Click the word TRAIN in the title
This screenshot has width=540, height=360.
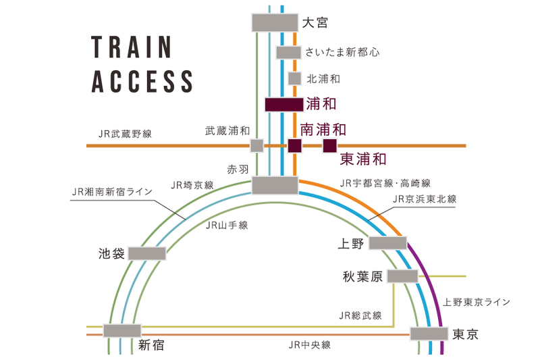(132, 49)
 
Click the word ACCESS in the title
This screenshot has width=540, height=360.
(142, 82)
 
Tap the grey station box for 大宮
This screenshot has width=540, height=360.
(275, 22)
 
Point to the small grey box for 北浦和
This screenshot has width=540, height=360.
(294, 78)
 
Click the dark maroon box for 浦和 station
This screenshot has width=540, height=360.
(284, 105)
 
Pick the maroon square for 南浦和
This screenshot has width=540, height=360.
(294, 146)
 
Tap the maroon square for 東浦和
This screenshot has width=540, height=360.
(329, 146)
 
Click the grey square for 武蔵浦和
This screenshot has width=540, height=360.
(256, 145)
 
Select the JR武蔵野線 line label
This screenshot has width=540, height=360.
(125, 134)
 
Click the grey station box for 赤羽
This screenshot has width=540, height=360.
(275, 185)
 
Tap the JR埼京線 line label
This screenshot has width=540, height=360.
(192, 184)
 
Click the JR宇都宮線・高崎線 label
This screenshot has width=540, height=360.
(386, 182)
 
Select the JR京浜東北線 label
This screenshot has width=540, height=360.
(425, 199)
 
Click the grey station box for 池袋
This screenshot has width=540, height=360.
(147, 253)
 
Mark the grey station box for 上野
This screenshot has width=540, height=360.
(387, 243)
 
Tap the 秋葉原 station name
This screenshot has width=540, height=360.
(363, 276)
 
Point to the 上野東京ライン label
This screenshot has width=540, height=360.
(477, 302)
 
